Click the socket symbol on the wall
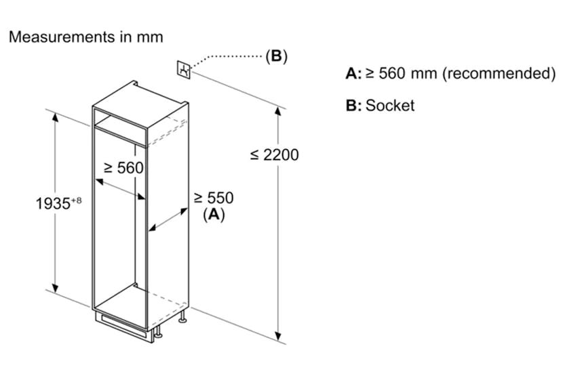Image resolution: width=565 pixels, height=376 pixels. click(184, 68)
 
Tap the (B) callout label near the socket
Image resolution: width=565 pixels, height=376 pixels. click(276, 56)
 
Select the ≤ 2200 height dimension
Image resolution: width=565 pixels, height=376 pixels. click(274, 154)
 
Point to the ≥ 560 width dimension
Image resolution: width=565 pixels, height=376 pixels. click(123, 167)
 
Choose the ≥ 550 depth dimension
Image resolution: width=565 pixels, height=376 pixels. click(214, 198)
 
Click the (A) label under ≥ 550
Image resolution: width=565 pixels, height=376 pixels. click(214, 215)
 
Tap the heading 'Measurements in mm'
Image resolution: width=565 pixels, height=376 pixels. click(85, 37)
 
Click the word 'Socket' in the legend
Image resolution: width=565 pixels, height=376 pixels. click(390, 105)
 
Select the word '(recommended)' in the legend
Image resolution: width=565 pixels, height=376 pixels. click(499, 73)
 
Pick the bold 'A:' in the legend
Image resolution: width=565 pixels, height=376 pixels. click(354, 73)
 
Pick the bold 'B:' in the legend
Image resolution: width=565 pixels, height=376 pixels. click(354, 105)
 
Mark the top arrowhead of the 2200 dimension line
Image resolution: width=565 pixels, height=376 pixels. click(278, 112)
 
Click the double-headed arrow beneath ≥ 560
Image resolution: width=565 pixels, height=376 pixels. click(121, 189)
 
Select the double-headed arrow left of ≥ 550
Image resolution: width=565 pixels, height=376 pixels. click(168, 222)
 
